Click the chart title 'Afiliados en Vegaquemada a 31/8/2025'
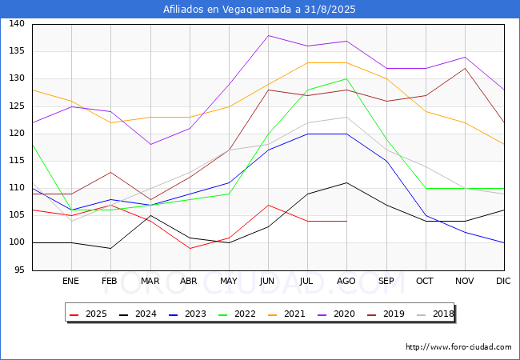pos(259,10)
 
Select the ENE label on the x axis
pos(71,282)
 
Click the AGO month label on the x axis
pos(346,282)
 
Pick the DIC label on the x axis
pos(503,282)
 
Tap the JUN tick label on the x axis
pos(268,282)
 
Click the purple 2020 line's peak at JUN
pos(268,35)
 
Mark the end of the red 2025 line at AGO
pos(346,221)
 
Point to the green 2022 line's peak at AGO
pos(346,78)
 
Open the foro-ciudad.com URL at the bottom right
pos(458,347)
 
